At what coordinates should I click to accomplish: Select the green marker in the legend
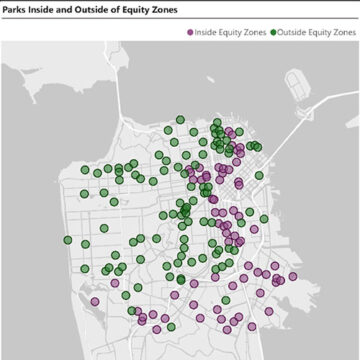point(274,33)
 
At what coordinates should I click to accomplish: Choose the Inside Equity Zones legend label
point(231,33)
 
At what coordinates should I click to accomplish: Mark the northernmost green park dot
point(180,119)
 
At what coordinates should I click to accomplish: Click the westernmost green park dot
point(68,240)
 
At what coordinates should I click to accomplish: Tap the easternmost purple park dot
point(293,277)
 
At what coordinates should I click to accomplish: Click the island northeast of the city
point(298,85)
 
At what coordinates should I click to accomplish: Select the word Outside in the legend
point(296,33)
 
